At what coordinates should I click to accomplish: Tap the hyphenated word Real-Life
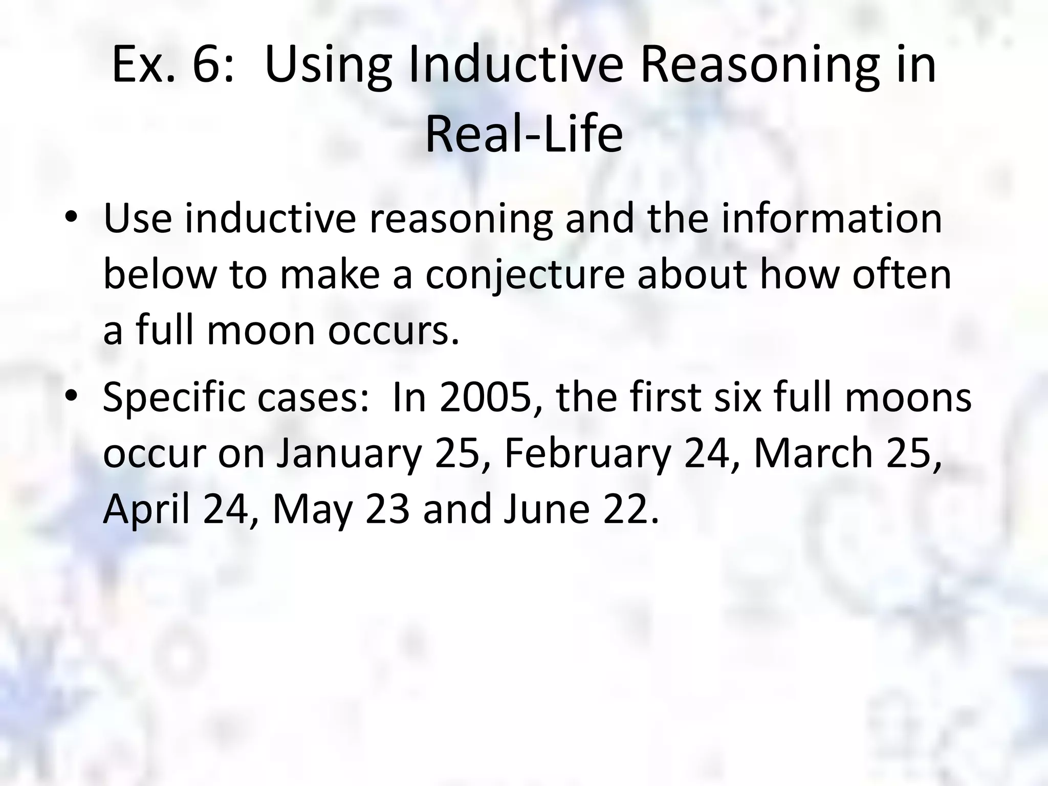point(524,135)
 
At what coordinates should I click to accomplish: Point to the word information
point(832,219)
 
